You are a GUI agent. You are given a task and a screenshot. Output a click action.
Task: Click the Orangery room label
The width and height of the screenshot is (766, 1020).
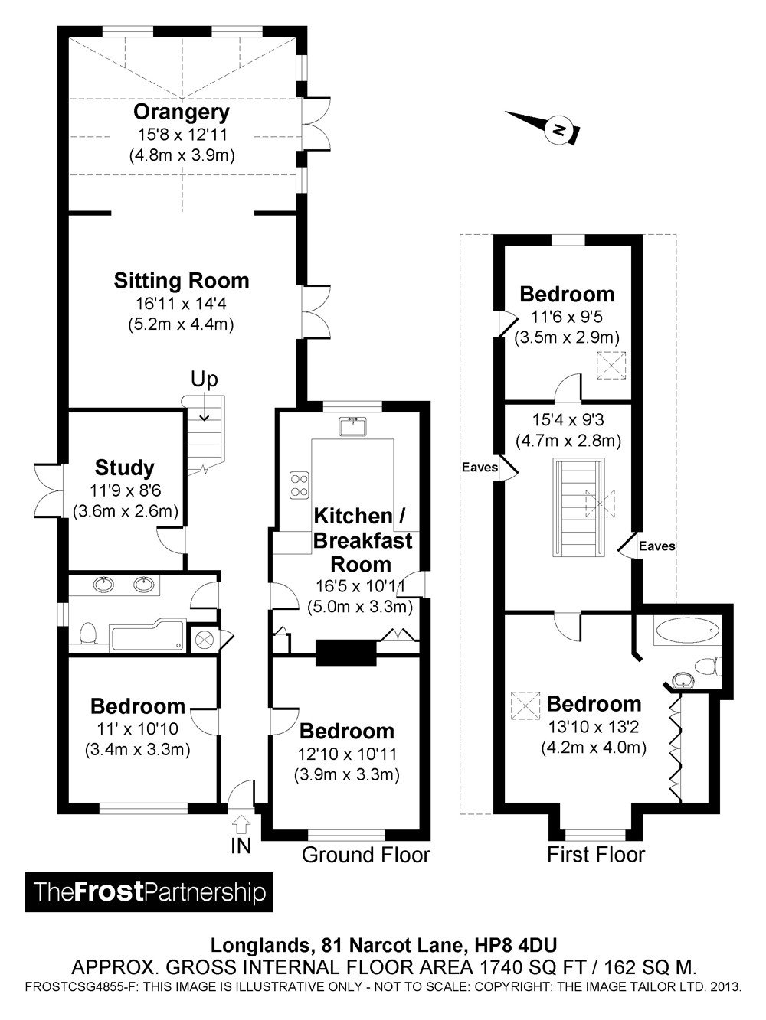(182, 112)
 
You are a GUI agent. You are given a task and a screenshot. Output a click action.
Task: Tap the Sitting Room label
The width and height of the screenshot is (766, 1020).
(182, 281)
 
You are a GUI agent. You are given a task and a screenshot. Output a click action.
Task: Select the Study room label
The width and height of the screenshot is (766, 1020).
(125, 468)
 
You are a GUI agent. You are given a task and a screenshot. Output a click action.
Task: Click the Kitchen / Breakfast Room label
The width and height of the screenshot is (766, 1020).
(362, 539)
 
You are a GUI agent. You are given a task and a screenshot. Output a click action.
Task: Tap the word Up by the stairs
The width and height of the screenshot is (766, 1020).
(205, 380)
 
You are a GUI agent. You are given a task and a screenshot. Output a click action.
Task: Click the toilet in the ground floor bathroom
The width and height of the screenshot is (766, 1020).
(88, 634)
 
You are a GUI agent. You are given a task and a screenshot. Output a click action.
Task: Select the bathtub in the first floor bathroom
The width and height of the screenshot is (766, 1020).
(687, 631)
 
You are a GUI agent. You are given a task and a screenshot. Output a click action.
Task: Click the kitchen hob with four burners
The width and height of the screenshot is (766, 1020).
(299, 485)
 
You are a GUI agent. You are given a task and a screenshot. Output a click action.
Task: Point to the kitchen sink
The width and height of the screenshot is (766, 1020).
(353, 425)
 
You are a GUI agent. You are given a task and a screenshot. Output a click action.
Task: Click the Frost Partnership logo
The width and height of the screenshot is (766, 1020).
(149, 892)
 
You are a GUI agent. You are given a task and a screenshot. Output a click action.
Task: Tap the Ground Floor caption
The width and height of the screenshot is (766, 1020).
(366, 855)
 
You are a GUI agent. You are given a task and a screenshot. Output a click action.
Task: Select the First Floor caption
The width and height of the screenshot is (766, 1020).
(596, 855)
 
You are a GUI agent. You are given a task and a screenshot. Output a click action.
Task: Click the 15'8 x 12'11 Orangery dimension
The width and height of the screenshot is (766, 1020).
(182, 135)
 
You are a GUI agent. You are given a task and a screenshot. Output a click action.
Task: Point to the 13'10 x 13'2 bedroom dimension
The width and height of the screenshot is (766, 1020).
(594, 726)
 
